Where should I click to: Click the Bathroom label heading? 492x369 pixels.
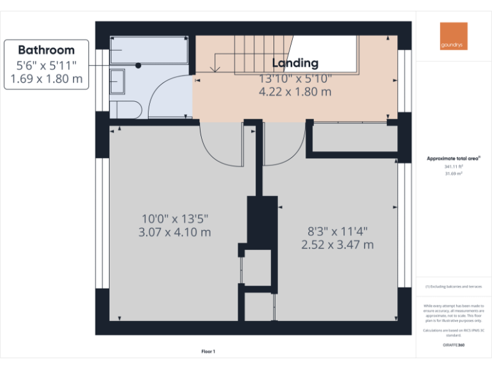coord(46,50)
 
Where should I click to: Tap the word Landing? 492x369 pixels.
coord(295,63)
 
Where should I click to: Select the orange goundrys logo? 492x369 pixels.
coord(454,37)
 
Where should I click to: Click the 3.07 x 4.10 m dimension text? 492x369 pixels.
coord(175,232)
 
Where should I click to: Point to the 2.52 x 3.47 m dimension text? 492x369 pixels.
coord(338,244)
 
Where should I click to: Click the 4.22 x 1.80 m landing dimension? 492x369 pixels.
coord(295,92)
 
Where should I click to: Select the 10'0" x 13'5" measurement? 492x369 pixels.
coord(175,218)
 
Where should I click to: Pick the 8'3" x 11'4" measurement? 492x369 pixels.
coord(338,231)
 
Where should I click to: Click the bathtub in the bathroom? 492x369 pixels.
coord(149,49)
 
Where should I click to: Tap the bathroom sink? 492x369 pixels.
coord(118,81)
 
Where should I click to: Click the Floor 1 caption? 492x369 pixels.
coord(208,351)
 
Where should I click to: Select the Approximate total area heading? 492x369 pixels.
coord(454,158)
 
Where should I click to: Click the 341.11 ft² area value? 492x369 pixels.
coord(454,166)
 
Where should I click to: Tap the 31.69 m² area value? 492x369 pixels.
coord(454,173)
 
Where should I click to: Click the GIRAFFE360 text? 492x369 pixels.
coord(454,345)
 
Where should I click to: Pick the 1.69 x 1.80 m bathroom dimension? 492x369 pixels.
coord(46,79)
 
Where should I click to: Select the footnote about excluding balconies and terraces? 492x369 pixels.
coord(454,287)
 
